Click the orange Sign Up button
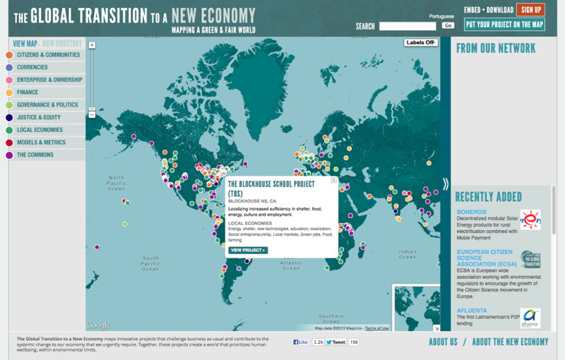530,9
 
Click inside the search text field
408,26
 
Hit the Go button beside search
448,25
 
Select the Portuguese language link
441,16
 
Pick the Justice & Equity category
39,117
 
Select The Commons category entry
35,155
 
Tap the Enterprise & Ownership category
49,80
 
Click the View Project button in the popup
248,250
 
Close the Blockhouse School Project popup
334,181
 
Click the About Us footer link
443,342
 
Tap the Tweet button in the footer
335,342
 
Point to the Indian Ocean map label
408,253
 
